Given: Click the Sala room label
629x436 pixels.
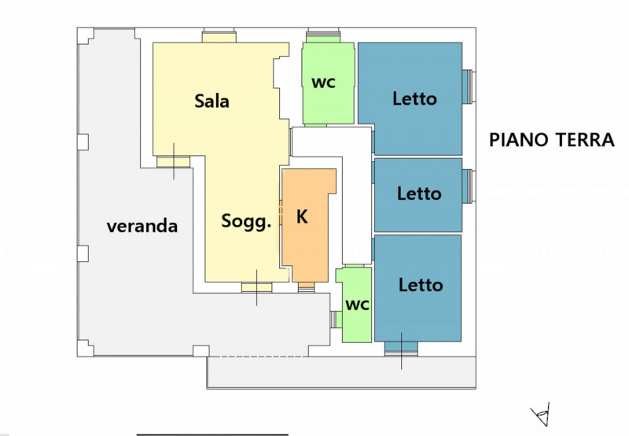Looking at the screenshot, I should pos(212,101).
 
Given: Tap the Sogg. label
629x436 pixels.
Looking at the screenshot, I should pos(246,221).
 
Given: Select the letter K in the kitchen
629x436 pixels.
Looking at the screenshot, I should pos(302,217).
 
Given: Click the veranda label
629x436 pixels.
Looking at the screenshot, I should pos(142,227).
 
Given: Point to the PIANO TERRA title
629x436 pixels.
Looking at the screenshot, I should pos(551,140).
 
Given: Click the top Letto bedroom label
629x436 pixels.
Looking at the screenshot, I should pos(414,99).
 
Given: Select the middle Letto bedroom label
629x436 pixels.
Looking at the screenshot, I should pos(419,193).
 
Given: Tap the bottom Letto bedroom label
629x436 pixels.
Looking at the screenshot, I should pos(421,285).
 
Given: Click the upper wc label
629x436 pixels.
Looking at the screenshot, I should pos(324,83).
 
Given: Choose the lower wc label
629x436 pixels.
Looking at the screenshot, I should pos(358,305).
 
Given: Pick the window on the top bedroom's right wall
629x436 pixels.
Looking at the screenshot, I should pos(467,86).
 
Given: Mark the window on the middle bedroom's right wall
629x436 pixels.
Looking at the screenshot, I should pos(467,187).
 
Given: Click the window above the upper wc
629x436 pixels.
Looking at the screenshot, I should pos(323,35).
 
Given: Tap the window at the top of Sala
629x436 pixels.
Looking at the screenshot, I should pos(219,35).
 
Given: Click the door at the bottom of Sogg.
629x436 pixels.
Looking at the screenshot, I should pos(256,287).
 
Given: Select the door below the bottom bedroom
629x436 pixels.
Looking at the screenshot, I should pos(401,349).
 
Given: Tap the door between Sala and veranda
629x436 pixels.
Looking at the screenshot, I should pos(173,162).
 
